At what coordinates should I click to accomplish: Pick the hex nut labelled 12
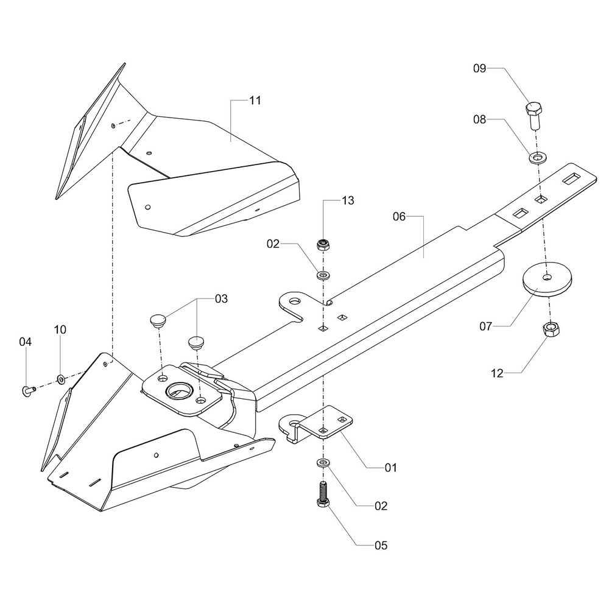(551, 330)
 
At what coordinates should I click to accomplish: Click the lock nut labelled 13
(322, 245)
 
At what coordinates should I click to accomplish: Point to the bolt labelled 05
(322, 492)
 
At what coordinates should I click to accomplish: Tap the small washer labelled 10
(61, 380)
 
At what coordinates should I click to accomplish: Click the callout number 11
(255, 100)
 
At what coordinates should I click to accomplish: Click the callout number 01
(390, 468)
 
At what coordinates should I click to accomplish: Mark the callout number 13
(348, 200)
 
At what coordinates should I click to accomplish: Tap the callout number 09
(479, 69)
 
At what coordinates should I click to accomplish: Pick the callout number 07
(485, 327)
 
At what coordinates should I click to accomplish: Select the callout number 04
(25, 342)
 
